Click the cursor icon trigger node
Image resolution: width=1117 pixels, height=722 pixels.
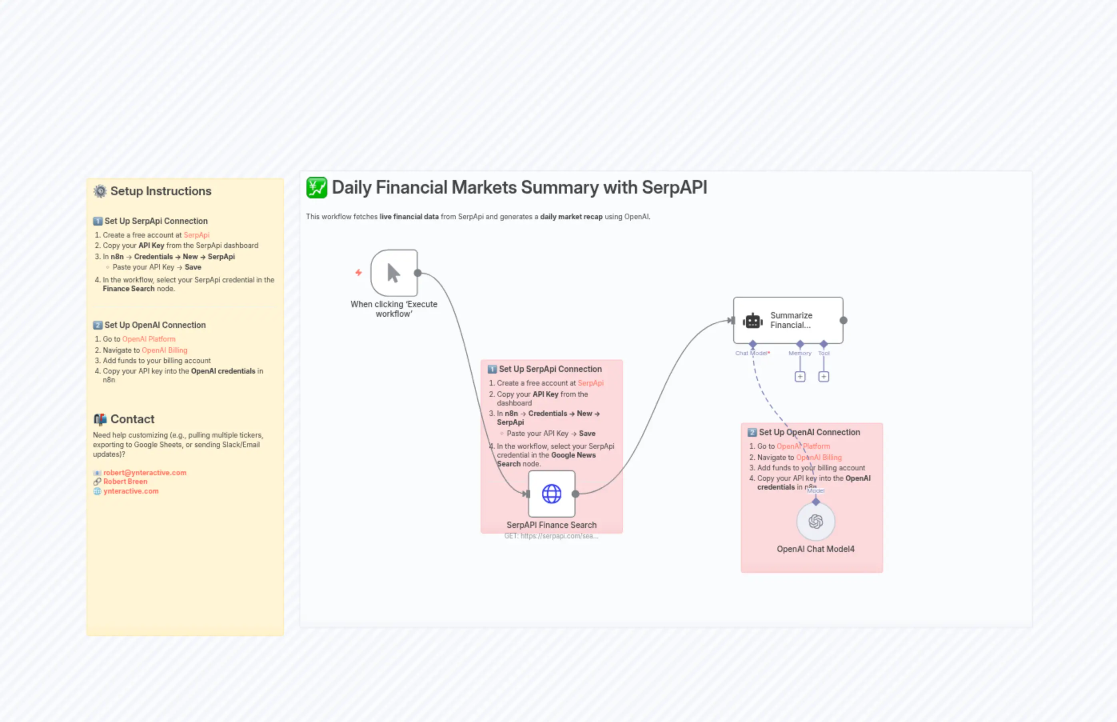pos(393,273)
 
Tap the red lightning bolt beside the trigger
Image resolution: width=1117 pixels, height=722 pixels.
pos(359,272)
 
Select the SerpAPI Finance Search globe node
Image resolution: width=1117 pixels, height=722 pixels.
pos(551,494)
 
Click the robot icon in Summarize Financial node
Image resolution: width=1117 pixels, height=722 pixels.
pos(752,321)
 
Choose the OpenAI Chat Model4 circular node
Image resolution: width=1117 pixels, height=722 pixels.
pos(815,521)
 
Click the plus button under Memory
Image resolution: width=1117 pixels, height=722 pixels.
pos(800,376)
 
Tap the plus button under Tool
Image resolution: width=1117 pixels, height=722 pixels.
pos(823,376)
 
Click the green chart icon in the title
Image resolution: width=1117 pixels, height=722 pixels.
pos(317,188)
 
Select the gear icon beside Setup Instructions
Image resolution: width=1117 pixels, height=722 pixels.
pos(100,191)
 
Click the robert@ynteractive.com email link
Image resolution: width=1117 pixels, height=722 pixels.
pos(145,472)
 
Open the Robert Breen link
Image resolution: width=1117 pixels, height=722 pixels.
pos(125,482)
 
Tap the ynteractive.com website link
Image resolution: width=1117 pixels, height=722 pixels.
pos(131,491)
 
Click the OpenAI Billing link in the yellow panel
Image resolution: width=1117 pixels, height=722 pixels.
pos(164,350)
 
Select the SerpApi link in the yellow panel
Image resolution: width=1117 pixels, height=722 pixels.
pos(196,235)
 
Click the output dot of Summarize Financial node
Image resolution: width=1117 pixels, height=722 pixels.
pos(844,320)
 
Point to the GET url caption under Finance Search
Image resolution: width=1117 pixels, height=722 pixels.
pos(551,536)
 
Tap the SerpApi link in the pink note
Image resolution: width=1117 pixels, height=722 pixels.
pos(590,383)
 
